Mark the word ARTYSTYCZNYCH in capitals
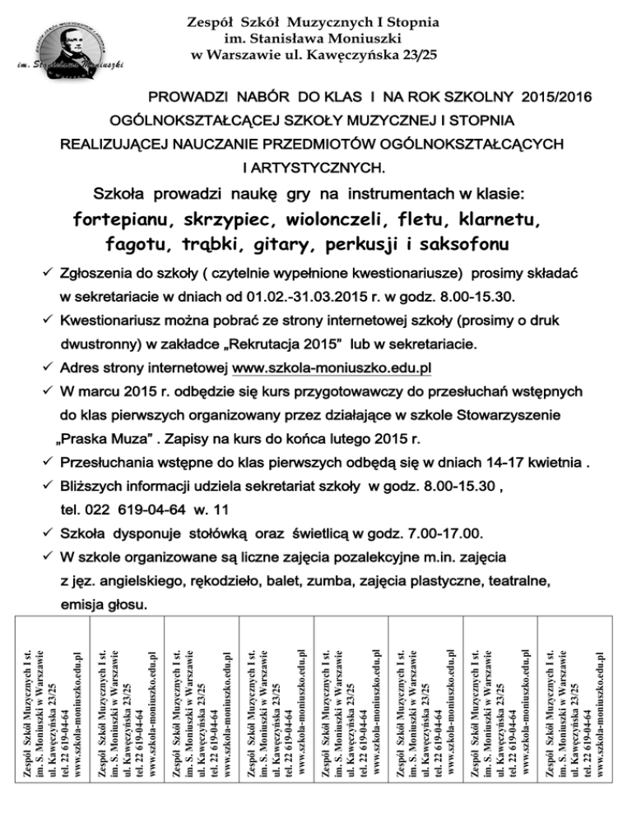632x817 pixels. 314,169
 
